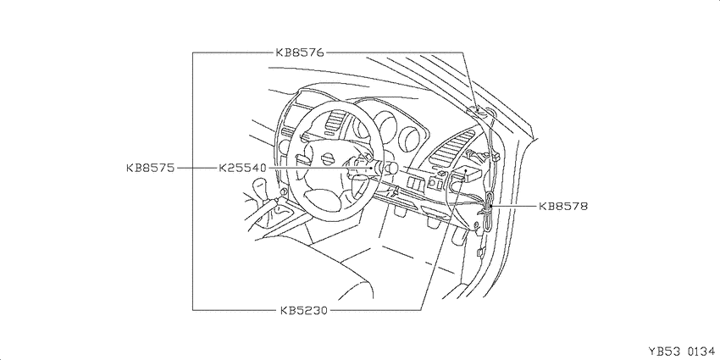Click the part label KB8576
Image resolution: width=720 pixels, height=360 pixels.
(x=300, y=53)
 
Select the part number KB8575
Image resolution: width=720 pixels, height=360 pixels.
(x=151, y=168)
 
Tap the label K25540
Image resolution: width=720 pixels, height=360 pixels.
(x=242, y=168)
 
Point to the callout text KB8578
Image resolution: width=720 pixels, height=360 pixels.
(x=563, y=206)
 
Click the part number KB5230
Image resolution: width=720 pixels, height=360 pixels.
(x=303, y=310)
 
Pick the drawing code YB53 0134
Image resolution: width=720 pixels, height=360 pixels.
(x=681, y=352)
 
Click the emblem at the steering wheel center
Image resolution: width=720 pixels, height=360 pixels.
(x=328, y=159)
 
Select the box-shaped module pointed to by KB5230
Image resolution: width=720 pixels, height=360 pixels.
(x=466, y=174)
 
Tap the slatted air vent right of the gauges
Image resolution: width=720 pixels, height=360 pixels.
(x=451, y=148)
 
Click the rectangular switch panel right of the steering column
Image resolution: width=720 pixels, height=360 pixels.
(x=416, y=183)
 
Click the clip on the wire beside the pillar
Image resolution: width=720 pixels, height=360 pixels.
(x=495, y=157)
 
